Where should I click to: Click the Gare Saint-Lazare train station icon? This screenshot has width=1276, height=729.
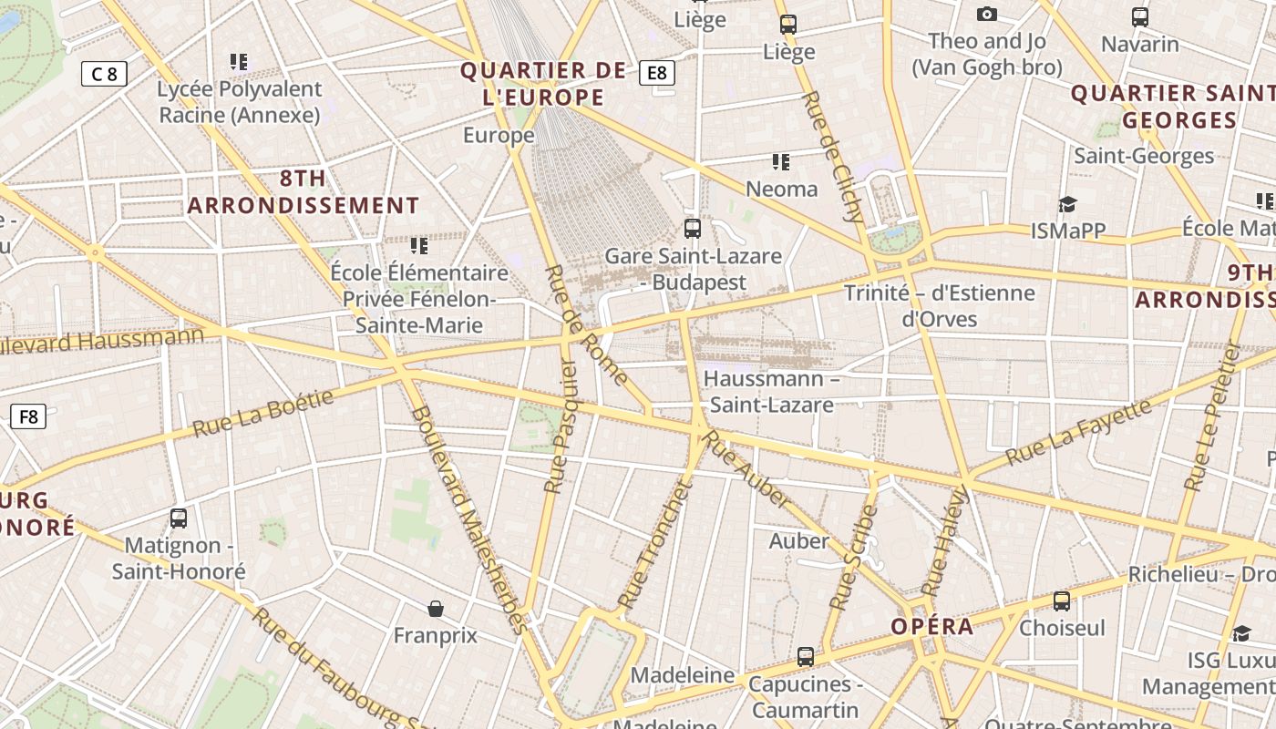tap(693, 229)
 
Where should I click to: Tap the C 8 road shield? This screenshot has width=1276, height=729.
tap(104, 74)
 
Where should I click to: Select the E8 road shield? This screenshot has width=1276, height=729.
tap(657, 73)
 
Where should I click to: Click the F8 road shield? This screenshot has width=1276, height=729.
tap(27, 416)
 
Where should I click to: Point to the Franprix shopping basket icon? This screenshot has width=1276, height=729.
tap(436, 608)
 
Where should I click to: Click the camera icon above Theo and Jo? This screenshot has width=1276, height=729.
tap(986, 14)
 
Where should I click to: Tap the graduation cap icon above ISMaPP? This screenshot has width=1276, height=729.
tap(1067, 204)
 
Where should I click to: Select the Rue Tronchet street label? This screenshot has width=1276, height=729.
tap(655, 543)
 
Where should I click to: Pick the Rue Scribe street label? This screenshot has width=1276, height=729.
tap(854, 557)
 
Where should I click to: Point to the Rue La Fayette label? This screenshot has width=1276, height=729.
tap(1078, 431)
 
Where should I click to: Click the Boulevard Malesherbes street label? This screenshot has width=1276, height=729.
tap(468, 519)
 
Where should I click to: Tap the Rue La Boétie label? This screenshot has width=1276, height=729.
tap(262, 413)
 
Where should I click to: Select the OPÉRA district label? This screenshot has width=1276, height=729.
tap(932, 627)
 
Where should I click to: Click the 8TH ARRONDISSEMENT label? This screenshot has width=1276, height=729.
tap(304, 192)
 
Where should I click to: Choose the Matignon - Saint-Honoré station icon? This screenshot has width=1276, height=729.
tap(179, 519)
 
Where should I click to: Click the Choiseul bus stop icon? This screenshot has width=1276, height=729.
tap(1062, 601)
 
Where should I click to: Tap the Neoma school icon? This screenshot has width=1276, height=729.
tap(781, 162)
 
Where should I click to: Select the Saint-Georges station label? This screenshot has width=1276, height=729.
tap(1144, 156)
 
